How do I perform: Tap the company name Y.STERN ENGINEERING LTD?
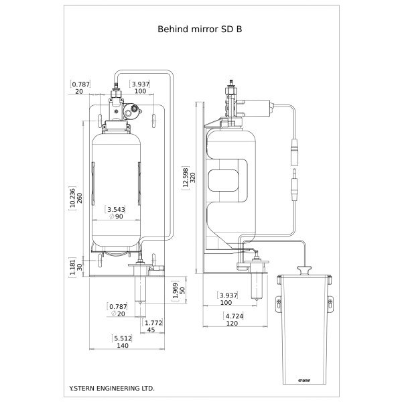point(112,388)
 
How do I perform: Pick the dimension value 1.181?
point(73,265)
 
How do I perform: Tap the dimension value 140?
point(122,346)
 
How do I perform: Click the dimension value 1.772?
point(154,322)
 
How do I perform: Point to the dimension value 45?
point(151,330)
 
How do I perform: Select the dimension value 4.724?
point(234,316)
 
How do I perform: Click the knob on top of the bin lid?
point(303,270)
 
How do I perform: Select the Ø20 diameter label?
point(117,314)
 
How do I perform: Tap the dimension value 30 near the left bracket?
point(81,265)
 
